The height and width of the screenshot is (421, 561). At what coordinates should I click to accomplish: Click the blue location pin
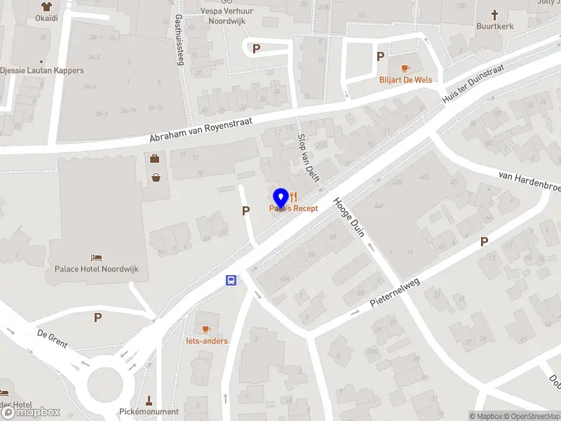[x=280, y=197]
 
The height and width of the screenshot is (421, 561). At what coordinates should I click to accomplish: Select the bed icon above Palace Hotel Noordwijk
[x=96, y=258]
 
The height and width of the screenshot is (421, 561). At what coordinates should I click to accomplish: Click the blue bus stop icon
[x=231, y=281]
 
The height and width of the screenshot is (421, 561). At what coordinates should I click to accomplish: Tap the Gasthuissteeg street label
[x=179, y=40]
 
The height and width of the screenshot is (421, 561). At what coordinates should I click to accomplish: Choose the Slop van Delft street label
[x=309, y=157]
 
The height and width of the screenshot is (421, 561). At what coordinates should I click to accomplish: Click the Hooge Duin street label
[x=349, y=216]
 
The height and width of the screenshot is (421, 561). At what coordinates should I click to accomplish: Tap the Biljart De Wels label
[x=406, y=80]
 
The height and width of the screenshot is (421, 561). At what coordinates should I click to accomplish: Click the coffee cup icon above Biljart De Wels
[x=405, y=68]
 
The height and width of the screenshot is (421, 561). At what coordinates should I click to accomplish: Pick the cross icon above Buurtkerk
[x=494, y=14]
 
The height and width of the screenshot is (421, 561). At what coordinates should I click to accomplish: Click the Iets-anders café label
[x=206, y=341]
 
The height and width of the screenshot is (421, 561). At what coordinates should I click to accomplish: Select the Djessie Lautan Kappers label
[x=42, y=71]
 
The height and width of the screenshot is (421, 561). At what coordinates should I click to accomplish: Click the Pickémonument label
[x=149, y=412]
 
